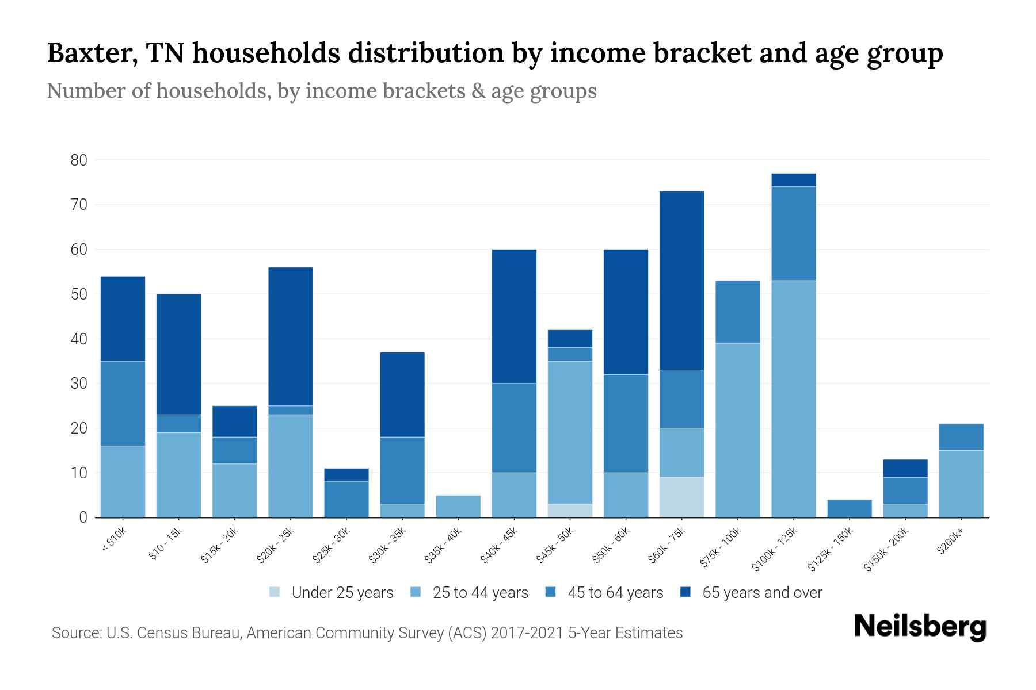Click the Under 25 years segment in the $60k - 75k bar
click(681, 497)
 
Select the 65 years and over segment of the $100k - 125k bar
click(793, 180)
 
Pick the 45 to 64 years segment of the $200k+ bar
click(961, 437)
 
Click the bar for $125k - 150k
click(849, 508)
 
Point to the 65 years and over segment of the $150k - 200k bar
click(905, 468)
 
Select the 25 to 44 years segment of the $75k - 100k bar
click(737, 430)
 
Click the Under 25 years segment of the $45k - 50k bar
click(570, 511)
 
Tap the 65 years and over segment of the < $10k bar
click(123, 319)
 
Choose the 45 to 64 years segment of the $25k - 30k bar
click(346, 499)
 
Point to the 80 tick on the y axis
click(79, 160)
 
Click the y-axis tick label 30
click(79, 384)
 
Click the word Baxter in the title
click(92, 53)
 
